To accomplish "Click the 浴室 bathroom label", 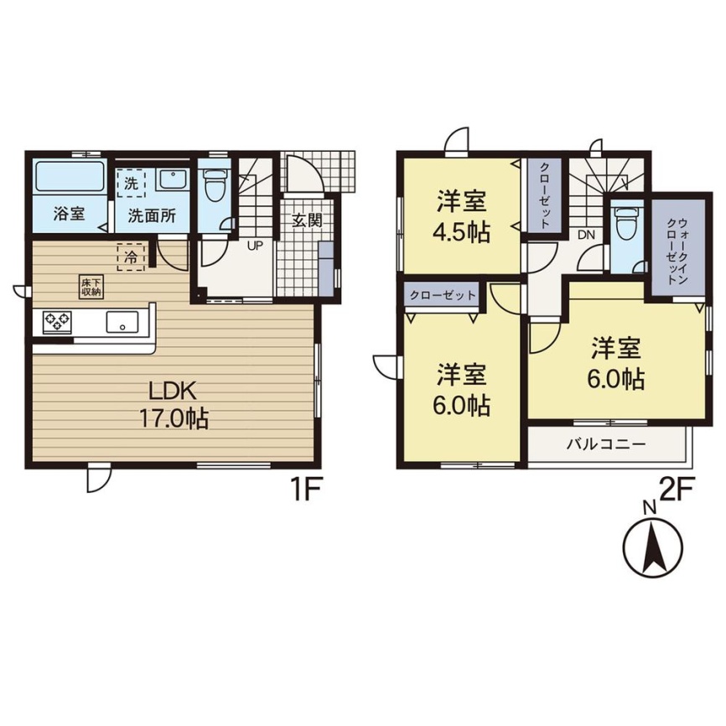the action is coord(69,215).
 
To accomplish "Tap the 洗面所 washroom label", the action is coord(152,215).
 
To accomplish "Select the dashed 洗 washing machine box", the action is coord(131,182).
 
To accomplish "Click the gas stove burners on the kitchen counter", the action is coord(57,321).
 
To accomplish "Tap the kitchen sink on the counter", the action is coord(122,321).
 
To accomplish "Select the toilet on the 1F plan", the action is coord(214,184).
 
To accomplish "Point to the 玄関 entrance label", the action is coord(307,220).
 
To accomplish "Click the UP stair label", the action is coord(255,246).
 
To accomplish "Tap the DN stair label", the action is coord(586,235).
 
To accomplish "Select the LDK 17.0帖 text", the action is coord(174,405).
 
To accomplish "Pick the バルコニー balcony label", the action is coord(606,445).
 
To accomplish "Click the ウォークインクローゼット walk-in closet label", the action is coord(677,251).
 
